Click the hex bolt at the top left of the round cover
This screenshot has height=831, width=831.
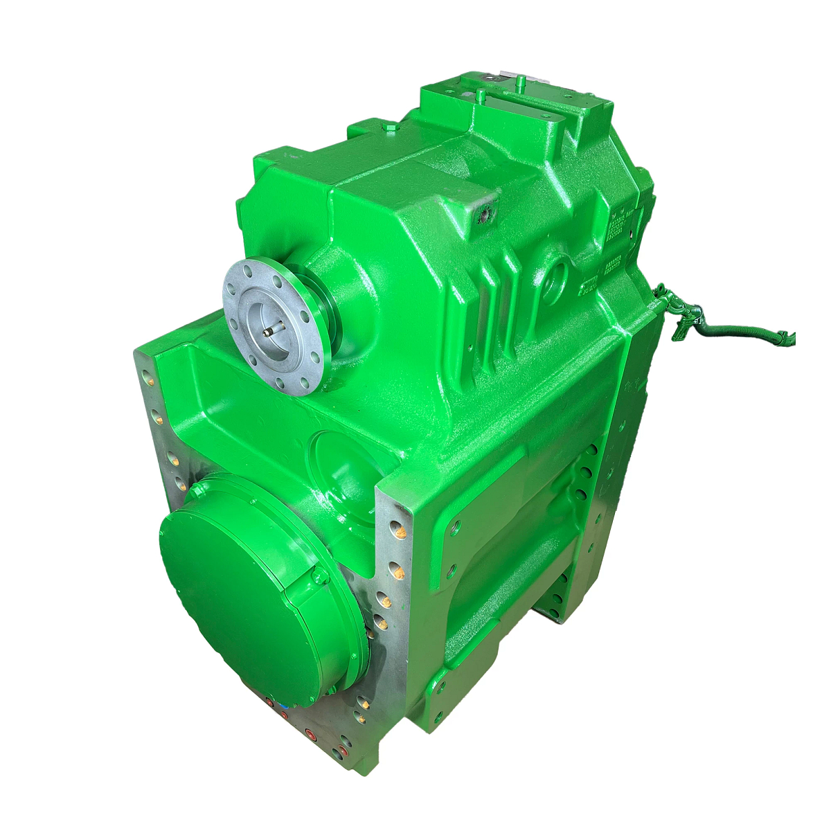[197, 490]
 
